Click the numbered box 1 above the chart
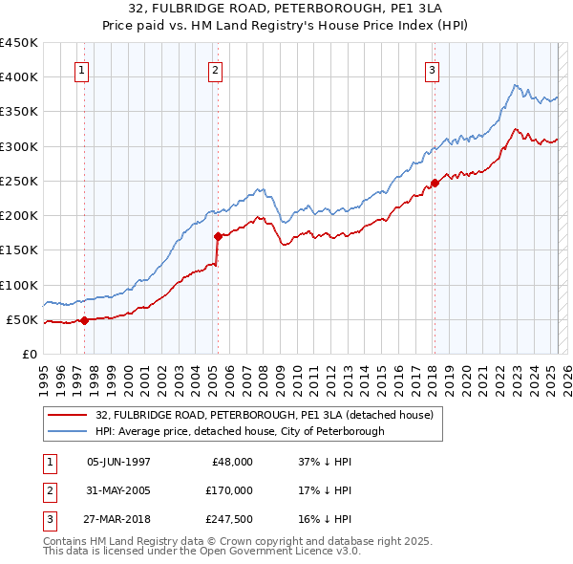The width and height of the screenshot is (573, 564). [81, 70]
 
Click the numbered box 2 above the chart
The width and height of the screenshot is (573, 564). [216, 70]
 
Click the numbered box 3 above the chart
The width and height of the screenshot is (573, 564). [432, 70]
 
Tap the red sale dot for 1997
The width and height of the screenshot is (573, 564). [84, 320]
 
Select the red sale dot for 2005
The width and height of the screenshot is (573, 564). [219, 235]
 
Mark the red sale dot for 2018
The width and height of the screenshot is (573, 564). [435, 182]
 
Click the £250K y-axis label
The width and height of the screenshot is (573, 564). [19, 181]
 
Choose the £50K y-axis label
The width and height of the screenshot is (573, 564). [23, 319]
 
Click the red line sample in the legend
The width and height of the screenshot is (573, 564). [70, 415]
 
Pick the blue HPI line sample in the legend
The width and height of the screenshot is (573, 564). [70, 431]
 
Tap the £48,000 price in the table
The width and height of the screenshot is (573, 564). [230, 461]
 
